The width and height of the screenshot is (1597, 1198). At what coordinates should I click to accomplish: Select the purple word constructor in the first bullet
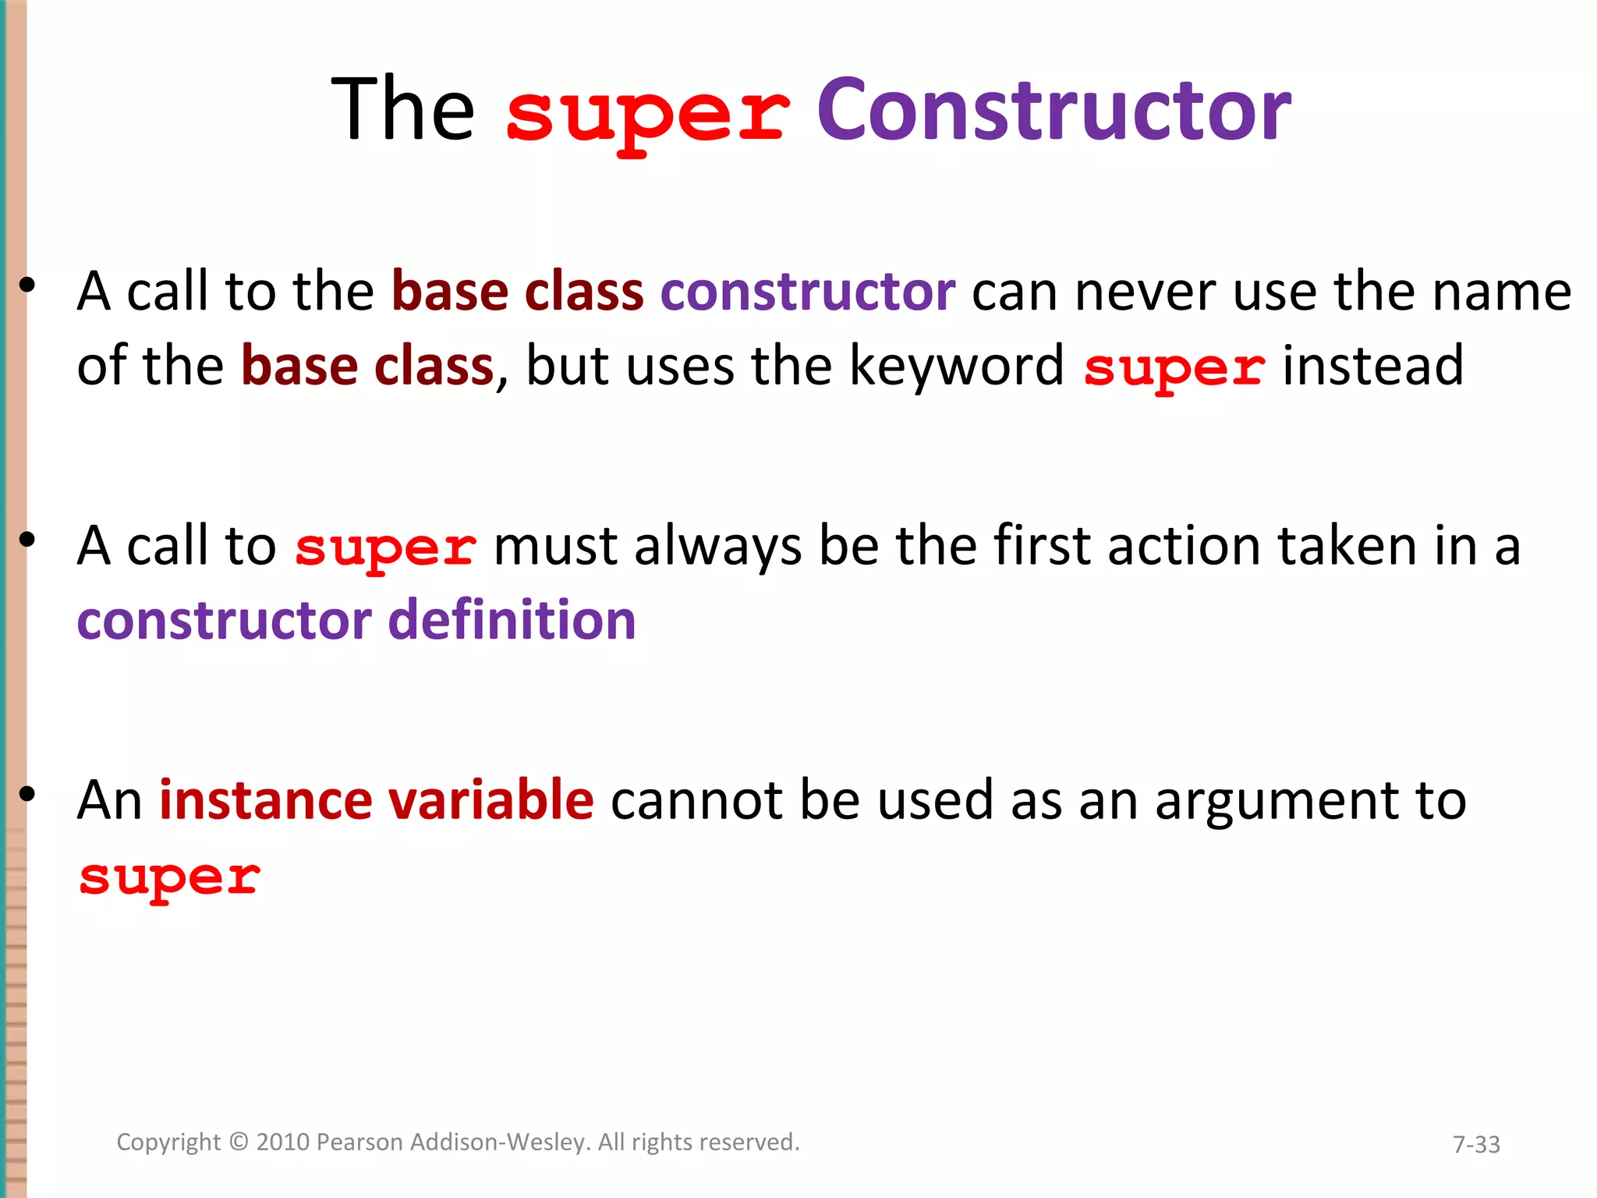[808, 292]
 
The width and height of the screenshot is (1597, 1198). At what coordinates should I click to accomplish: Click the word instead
[1373, 365]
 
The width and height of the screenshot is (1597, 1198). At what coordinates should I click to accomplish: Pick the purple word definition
[512, 620]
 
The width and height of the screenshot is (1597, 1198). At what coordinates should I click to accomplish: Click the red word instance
[266, 800]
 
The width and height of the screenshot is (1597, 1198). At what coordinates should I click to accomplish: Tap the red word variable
[490, 800]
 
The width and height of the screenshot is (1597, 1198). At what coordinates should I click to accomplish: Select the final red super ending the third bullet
[169, 878]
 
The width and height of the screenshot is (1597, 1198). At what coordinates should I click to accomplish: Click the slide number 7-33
[1476, 1144]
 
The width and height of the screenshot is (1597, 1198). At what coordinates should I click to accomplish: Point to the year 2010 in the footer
[284, 1142]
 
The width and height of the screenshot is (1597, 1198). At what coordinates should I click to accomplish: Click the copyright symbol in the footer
[239, 1143]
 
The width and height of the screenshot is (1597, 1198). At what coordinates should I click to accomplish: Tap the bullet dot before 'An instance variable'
[28, 794]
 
